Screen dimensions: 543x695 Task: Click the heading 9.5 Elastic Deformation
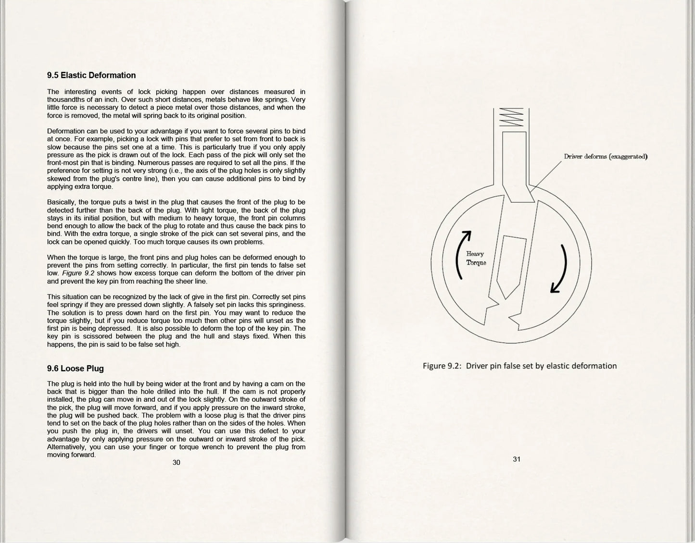91,75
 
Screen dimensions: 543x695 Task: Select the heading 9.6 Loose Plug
76,369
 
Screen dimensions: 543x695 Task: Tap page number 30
177,462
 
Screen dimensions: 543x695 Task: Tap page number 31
517,459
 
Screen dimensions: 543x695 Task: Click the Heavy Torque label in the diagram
476,258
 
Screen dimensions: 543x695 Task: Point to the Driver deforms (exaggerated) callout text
606,157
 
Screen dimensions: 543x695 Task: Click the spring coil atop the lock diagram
511,117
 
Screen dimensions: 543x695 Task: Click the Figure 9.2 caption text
519,366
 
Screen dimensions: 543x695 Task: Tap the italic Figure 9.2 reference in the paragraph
78,273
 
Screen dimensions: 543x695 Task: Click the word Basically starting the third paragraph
62,202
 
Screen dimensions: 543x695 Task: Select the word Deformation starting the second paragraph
66,131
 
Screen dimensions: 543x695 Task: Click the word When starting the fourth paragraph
56,258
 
